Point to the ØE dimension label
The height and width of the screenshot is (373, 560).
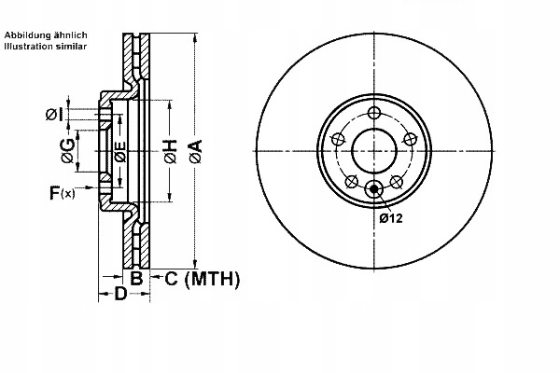coord(119,152)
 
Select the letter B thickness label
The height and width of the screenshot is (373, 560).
coord(136,278)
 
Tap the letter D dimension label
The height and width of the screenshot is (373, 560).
coord(119,297)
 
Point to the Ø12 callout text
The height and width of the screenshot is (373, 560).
coord(391,218)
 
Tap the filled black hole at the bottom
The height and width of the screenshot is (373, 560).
coord(374,189)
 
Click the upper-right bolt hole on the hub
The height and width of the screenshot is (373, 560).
coord(409,138)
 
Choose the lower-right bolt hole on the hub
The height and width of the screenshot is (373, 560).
coord(397,182)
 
